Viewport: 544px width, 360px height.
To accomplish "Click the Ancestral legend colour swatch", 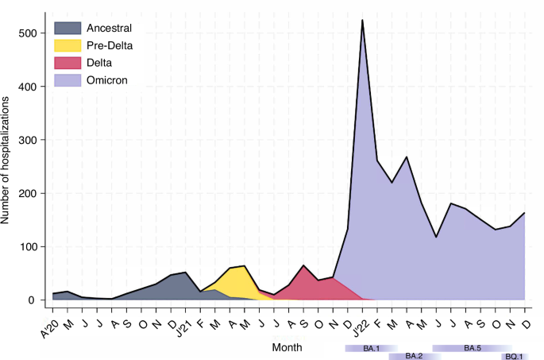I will [x=67, y=29].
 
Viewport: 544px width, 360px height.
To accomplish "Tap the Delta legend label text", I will [x=100, y=63].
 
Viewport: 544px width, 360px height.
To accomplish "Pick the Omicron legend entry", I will [x=106, y=79].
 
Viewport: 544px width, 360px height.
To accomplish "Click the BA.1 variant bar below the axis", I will [x=372, y=348].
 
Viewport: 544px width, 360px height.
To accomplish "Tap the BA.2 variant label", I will [x=414, y=356].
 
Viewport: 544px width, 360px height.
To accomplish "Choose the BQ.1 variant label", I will [x=514, y=356].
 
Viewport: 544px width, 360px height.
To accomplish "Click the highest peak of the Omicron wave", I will [x=363, y=21].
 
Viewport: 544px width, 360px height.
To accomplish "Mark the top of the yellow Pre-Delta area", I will [x=244, y=266].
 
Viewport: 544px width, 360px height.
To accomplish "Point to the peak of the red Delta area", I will [x=303, y=266].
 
